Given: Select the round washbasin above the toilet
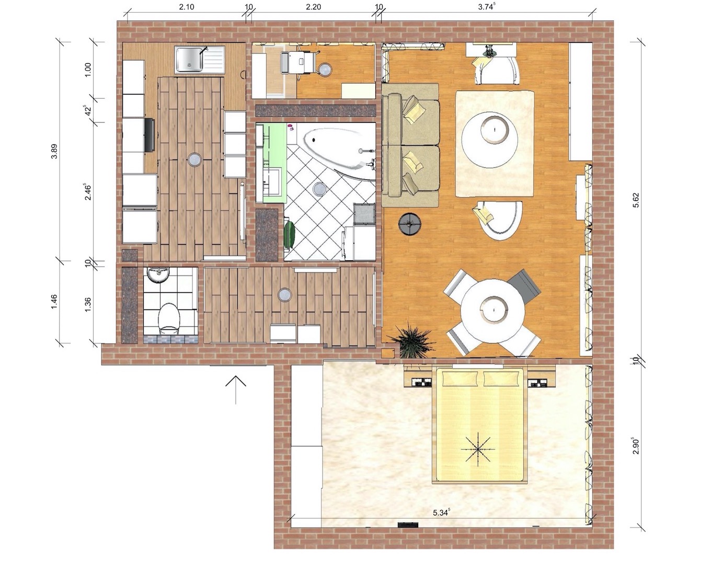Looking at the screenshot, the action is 158,275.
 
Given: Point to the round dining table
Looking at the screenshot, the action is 493,310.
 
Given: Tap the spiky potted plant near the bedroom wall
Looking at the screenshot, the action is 412,340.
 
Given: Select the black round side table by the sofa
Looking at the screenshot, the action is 410,225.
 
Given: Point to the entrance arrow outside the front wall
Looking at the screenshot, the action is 236,390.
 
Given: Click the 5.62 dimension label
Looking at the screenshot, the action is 636,200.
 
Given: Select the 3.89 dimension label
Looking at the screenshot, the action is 54,151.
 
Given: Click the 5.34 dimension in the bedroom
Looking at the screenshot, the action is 442,512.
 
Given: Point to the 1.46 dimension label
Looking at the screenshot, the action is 54,302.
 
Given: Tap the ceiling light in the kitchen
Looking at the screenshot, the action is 194,159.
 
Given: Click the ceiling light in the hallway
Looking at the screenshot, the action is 285,295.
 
